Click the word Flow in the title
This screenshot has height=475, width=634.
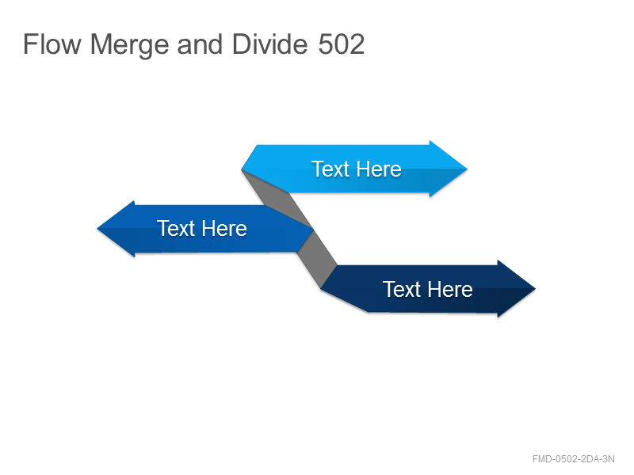click(x=52, y=44)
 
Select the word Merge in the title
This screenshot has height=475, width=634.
click(x=129, y=45)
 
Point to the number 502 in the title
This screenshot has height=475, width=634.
click(x=342, y=44)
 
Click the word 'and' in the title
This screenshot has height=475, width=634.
click(x=200, y=44)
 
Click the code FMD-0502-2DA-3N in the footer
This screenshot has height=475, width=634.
click(x=573, y=459)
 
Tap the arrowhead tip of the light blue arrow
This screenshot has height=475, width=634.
click(x=467, y=169)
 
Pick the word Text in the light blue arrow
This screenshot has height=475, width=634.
click(x=330, y=169)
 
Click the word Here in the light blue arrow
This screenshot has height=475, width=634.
click(x=379, y=169)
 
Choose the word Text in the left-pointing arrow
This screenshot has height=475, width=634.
click(x=176, y=229)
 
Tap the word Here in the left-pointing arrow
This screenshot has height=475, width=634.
click(x=224, y=229)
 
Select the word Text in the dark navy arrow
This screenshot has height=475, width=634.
click(x=402, y=289)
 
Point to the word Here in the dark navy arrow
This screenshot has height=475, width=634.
click(x=450, y=289)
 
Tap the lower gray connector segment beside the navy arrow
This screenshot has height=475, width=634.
click(x=318, y=259)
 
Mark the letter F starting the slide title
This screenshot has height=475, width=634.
click(x=30, y=44)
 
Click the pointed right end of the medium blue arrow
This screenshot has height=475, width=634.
click(x=313, y=230)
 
